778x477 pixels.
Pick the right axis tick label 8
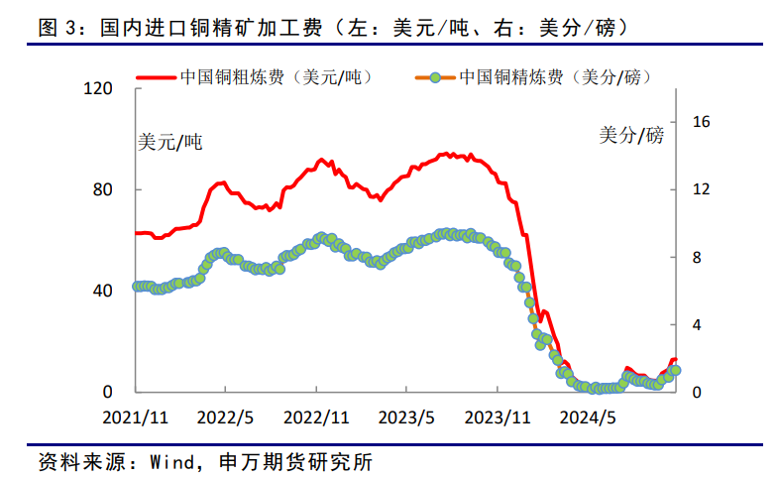698,258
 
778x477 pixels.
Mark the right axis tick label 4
698,325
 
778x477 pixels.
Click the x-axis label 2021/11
136,417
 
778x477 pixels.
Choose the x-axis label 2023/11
498,417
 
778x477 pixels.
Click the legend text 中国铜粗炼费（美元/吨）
274,76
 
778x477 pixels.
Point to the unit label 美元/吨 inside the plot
168,142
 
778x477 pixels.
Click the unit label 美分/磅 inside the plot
631,135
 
